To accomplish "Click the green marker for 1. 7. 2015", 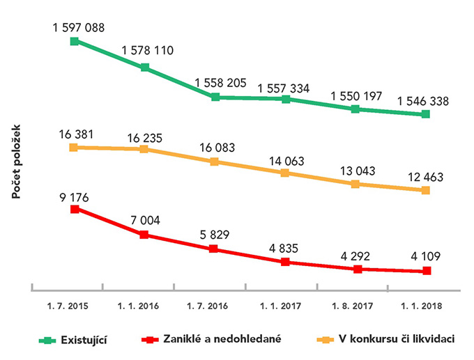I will coord(74,42).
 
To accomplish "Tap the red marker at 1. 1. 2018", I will coord(426,271).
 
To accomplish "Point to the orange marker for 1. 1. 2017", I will coord(285,173).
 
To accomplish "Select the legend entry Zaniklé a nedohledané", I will coord(222,340).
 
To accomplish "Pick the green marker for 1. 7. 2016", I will coord(215,97).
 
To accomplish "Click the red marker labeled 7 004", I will coord(144,235).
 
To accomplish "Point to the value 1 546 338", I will coord(423,101).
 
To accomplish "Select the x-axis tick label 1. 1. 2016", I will coord(139,305).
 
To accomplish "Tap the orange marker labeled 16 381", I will coord(74,147).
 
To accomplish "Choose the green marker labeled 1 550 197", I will coord(355,109).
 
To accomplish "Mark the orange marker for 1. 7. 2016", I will coord(215,162).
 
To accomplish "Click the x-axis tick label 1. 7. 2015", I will coord(68,305).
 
